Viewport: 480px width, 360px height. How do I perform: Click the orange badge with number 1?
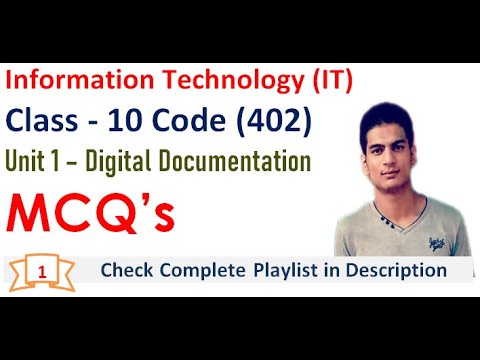pyautogui.click(x=41, y=271)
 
